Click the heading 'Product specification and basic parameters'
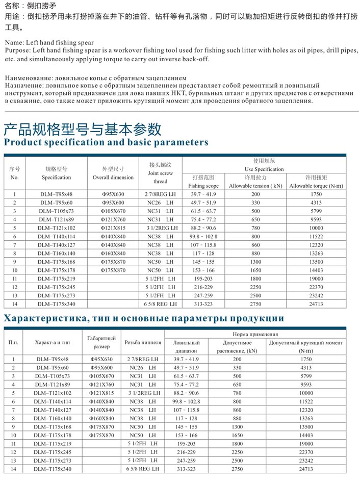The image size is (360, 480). click(x=106, y=142)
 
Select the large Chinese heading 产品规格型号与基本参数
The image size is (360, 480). click(x=83, y=128)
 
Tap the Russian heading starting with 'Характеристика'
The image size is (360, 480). click(x=144, y=319)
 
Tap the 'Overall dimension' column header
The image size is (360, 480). click(x=113, y=178)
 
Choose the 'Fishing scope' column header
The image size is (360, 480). click(x=203, y=186)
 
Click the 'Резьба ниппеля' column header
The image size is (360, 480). click(x=143, y=342)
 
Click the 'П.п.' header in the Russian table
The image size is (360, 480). click(x=14, y=342)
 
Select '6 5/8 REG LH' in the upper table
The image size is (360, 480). click(x=160, y=304)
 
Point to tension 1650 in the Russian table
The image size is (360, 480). click(x=237, y=435)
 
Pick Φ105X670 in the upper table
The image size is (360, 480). click(x=113, y=211)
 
